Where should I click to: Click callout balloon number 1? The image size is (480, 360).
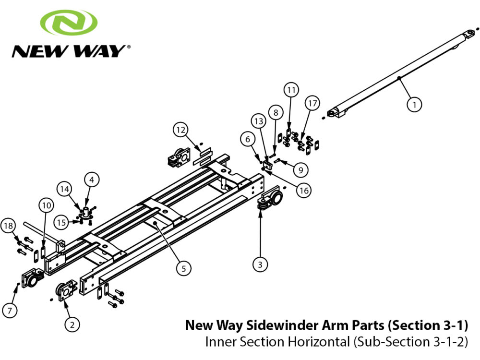(x=415, y=103)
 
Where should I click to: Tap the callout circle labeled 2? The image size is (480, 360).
(x=72, y=325)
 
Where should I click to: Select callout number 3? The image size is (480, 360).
(x=260, y=264)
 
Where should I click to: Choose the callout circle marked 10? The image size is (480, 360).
(x=46, y=206)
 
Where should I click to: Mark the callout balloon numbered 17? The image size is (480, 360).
(x=312, y=103)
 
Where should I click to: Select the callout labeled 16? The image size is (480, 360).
(x=303, y=191)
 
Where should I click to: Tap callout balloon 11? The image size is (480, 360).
(x=291, y=90)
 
